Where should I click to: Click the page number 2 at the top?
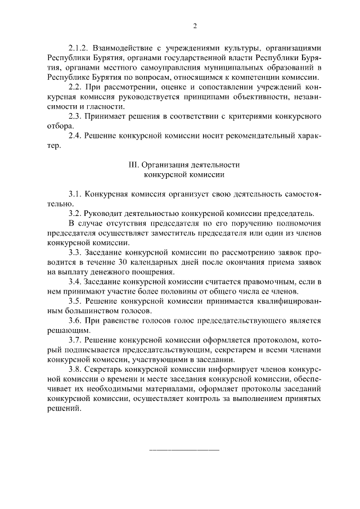(195, 26)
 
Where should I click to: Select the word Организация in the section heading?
(166, 165)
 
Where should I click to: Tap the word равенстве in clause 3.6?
(121, 321)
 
